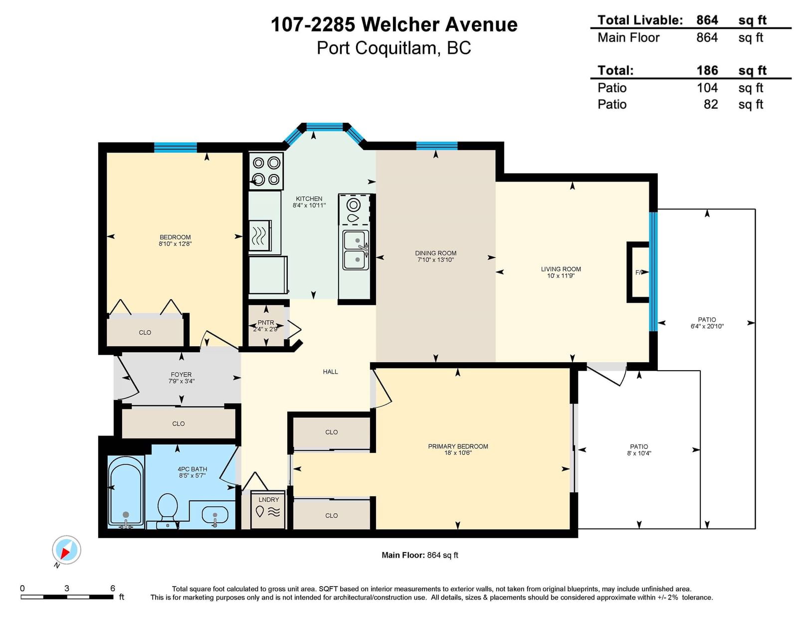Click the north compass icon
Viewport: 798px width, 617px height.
[66, 550]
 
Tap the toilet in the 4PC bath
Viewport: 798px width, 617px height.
[168, 510]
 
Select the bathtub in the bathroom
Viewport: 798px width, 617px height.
[126, 491]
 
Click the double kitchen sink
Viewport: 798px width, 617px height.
[356, 250]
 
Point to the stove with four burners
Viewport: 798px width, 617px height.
[266, 171]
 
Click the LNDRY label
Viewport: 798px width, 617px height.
[268, 499]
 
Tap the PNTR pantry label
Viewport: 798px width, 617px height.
[265, 322]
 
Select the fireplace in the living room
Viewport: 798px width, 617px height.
[638, 272]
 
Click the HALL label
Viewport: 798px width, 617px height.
[330, 372]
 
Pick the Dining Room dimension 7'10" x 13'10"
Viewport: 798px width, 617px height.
[435, 260]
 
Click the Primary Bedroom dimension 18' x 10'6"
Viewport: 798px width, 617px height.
[457, 453]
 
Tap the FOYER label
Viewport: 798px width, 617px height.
[181, 375]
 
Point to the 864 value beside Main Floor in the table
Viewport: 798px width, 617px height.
[707, 37]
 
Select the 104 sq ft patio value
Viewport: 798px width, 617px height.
[707, 88]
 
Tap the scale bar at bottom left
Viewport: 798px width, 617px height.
[67, 597]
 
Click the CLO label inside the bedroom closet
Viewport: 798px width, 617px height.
[145, 332]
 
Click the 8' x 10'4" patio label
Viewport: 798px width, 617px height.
[639, 453]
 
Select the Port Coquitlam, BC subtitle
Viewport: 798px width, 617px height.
[394, 48]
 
